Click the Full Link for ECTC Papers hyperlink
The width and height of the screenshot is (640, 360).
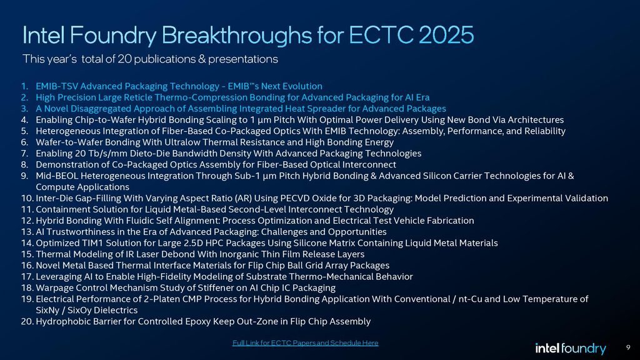pyautogui.click(x=305, y=342)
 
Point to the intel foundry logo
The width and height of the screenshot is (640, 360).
pyautogui.click(x=571, y=348)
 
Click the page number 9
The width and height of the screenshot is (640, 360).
pyautogui.click(x=627, y=347)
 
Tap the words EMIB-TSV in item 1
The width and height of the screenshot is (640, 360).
pyautogui.click(x=57, y=86)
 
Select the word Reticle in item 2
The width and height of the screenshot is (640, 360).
pyautogui.click(x=144, y=97)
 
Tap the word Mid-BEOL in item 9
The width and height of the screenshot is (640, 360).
pyautogui.click(x=56, y=176)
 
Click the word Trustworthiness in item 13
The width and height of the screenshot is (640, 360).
pyautogui.click(x=83, y=232)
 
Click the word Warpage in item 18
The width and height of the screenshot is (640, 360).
pyautogui.click(x=55, y=289)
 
